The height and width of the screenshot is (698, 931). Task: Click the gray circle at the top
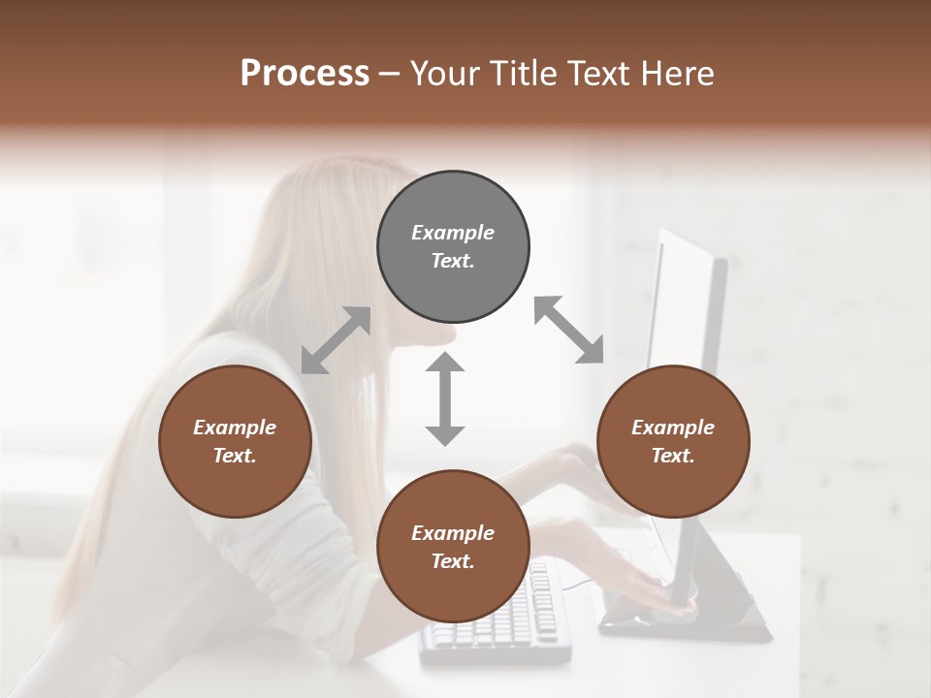tap(453, 247)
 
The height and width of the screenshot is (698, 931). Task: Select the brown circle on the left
tap(235, 442)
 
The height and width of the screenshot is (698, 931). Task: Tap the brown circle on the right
tap(673, 442)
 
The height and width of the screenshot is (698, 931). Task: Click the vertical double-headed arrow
tap(445, 398)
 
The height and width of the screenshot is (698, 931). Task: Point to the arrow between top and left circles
tap(336, 340)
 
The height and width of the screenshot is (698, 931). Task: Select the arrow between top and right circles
tap(569, 331)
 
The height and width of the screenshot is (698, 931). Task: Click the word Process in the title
tap(305, 73)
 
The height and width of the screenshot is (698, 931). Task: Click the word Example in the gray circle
tap(453, 233)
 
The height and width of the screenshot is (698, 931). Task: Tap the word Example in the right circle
tap(673, 428)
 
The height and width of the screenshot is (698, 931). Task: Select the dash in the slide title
tap(390, 75)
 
